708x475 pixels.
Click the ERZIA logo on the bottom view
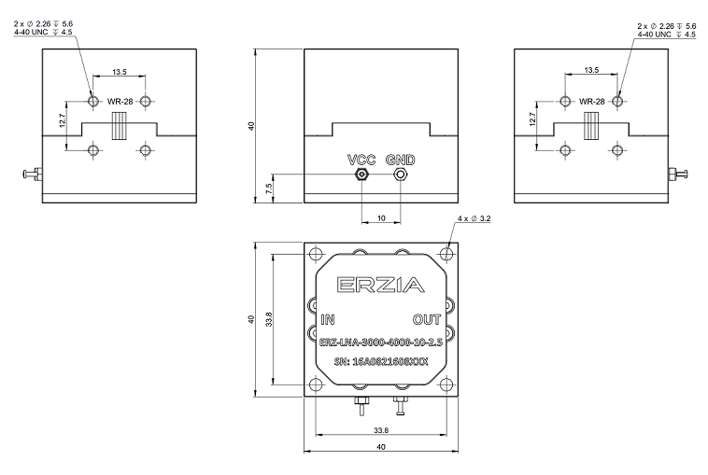tap(379, 286)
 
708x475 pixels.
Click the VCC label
tap(361, 159)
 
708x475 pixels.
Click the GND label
tap(400, 159)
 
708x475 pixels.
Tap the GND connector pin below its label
tap(400, 174)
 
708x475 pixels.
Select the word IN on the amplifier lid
tap(328, 319)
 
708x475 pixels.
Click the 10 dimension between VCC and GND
tap(380, 218)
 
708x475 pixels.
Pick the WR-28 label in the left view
tap(119, 102)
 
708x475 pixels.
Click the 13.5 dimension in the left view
tap(119, 71)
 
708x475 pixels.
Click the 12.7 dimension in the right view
tap(532, 119)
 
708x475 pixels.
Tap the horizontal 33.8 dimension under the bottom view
tap(380, 431)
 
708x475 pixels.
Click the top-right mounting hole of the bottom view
tap(446, 252)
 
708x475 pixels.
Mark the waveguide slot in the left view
tap(119, 125)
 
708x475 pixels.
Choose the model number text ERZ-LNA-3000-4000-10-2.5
tap(380, 343)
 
